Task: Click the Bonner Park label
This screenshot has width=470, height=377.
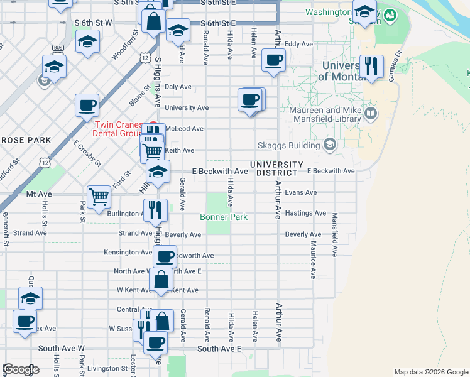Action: tap(224, 217)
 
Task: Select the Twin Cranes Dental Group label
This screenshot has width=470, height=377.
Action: tap(119, 129)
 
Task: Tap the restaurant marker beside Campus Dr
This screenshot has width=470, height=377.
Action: tap(371, 67)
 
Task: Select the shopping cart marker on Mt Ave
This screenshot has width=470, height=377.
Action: tap(99, 197)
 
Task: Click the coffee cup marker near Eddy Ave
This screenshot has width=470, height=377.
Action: tap(273, 61)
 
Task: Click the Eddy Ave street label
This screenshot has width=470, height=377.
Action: tap(298, 45)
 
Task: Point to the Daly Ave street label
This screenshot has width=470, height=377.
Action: tap(178, 87)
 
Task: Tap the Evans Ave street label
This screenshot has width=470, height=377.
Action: tap(301, 192)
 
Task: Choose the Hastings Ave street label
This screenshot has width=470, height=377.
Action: tap(305, 214)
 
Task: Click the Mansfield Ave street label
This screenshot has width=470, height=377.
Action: tap(335, 232)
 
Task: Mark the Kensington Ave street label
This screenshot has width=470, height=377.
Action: tap(128, 253)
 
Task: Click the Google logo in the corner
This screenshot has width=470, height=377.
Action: tap(21, 369)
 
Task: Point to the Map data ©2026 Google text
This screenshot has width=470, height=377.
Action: tap(430, 372)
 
